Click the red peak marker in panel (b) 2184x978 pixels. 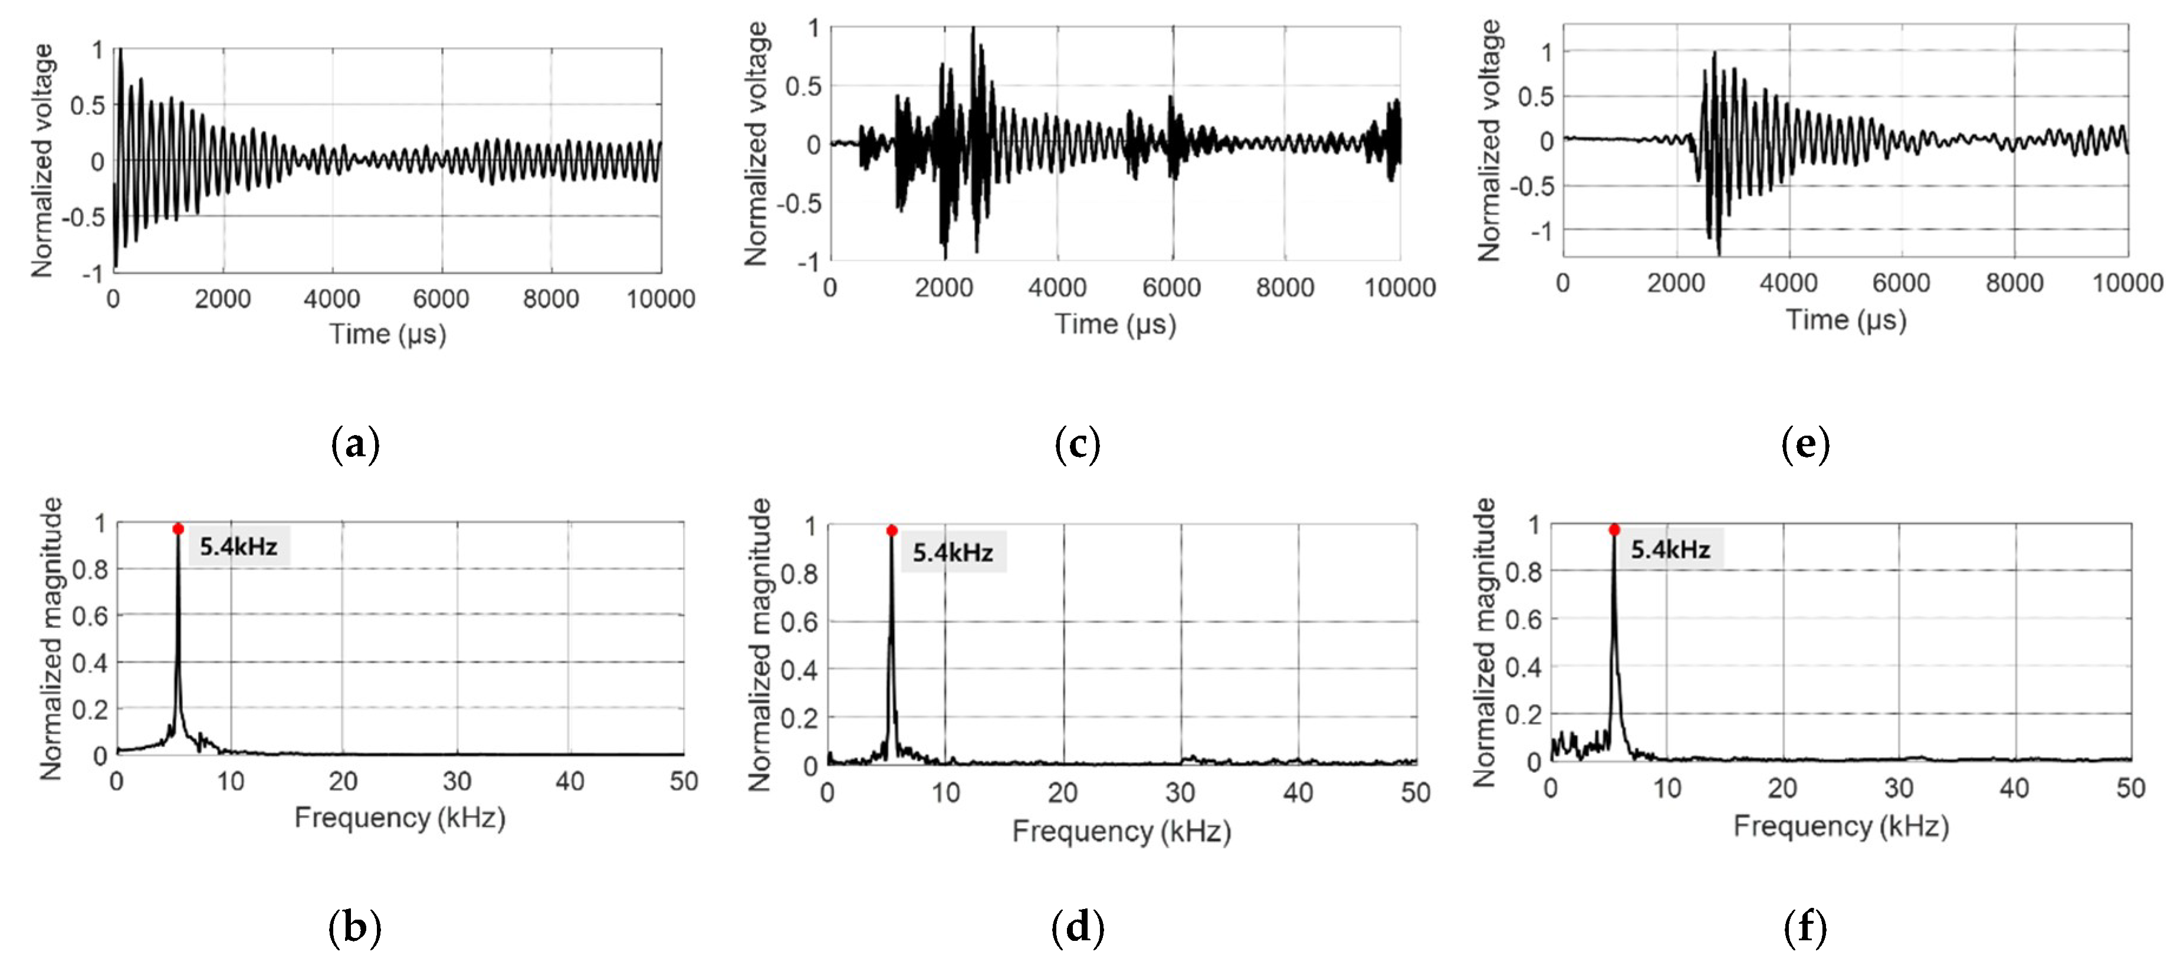click(x=178, y=529)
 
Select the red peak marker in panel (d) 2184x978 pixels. click(x=892, y=531)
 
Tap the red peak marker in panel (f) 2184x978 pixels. click(x=1614, y=530)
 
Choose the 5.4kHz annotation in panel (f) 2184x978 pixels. click(x=1670, y=550)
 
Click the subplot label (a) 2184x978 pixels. click(x=355, y=443)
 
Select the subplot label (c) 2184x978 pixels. click(x=1078, y=443)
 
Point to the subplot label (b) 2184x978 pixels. click(x=354, y=927)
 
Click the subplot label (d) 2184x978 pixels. click(x=1078, y=927)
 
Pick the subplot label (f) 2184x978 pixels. click(x=1805, y=927)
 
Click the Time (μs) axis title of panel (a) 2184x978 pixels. click(x=387, y=334)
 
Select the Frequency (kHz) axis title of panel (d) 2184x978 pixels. click(x=1121, y=831)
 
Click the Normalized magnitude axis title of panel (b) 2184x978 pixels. click(x=51, y=639)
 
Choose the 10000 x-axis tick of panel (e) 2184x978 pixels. click(x=2127, y=283)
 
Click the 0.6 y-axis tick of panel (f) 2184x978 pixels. click(x=1523, y=620)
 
